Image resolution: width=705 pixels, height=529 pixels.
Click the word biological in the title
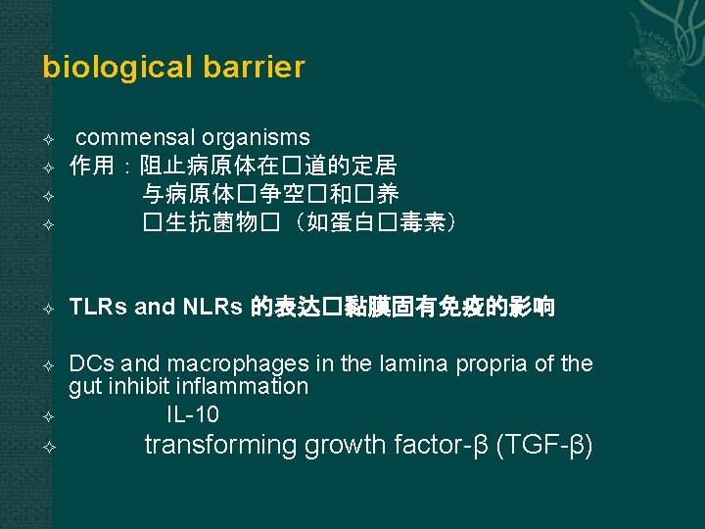pos(107,68)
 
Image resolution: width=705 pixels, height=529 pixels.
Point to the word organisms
pos(256,138)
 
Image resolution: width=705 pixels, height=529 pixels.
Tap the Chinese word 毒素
pos(422,222)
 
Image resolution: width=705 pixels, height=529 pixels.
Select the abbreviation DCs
pos(88,364)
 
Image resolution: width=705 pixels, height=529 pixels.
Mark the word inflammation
pos(243,387)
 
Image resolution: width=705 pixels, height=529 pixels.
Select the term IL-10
pos(193,413)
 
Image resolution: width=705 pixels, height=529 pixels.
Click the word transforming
pos(221,446)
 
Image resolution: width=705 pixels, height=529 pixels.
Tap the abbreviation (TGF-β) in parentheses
pos(544,446)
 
